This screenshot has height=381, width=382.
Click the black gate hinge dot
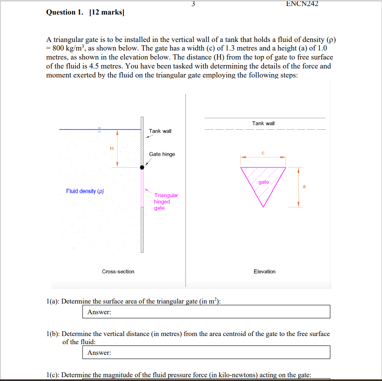(x=142, y=167)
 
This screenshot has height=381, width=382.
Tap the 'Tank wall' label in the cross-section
(x=160, y=131)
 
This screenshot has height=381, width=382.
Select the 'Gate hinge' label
(x=162, y=154)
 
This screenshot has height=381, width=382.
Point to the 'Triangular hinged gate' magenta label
(x=166, y=202)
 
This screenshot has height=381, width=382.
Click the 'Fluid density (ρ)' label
(x=85, y=191)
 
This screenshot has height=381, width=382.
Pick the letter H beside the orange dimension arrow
(x=112, y=149)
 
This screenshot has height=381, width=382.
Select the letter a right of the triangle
(x=304, y=187)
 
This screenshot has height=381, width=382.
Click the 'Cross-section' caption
(x=118, y=271)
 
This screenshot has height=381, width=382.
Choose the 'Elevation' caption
(x=264, y=271)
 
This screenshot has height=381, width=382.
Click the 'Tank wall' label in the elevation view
(x=263, y=123)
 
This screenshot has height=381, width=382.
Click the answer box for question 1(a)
(x=206, y=312)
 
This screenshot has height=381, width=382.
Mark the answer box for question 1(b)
(x=206, y=352)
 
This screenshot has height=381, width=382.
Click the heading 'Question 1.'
(x=65, y=12)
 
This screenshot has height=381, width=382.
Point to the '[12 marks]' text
(x=106, y=12)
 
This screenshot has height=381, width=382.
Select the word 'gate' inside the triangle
(x=264, y=182)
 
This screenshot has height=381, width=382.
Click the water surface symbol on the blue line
(x=100, y=128)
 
